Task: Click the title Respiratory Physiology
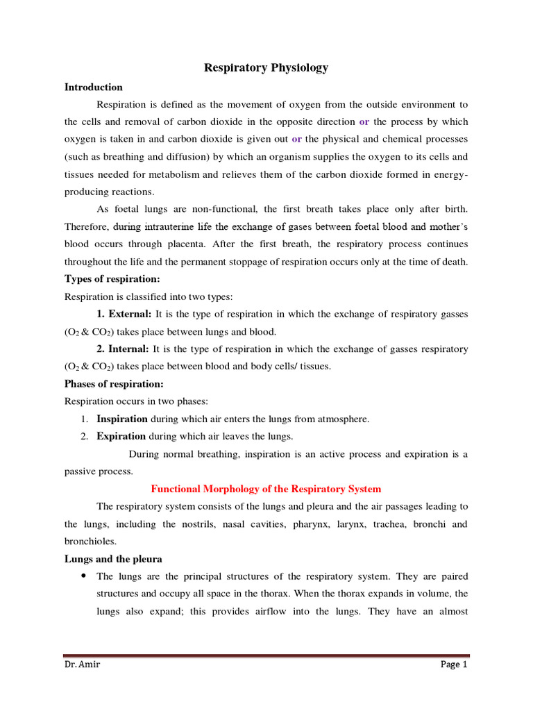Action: (266, 67)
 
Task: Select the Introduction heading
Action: (94, 87)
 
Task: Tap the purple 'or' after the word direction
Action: (364, 121)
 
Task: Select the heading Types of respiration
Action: (112, 278)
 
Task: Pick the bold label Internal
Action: (123, 349)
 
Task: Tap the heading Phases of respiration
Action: (115, 383)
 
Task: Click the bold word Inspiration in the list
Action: (122, 419)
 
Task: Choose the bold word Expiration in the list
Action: (121, 436)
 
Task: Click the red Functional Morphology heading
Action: (266, 489)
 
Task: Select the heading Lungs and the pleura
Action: (113, 558)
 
